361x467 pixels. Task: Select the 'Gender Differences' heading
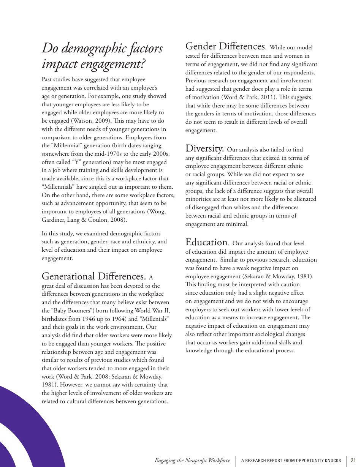225,47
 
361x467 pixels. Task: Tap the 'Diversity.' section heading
204,148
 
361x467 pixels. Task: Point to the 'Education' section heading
206,242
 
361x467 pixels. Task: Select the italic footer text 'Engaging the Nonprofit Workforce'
192,461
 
